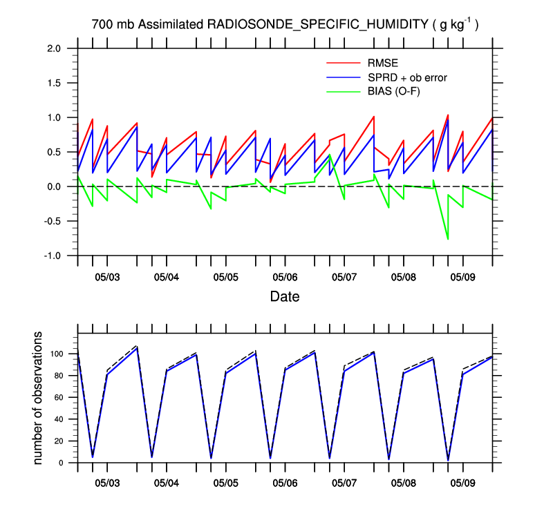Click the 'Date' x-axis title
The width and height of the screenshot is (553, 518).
[285, 297]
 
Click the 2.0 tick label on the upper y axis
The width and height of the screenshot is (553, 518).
[55, 48]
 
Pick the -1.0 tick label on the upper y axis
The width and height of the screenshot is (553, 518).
[53, 256]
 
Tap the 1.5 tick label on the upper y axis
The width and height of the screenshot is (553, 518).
[55, 83]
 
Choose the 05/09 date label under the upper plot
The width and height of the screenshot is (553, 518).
[462, 277]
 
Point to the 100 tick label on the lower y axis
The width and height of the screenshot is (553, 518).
[57, 354]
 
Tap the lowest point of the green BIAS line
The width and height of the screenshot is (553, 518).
[448, 239]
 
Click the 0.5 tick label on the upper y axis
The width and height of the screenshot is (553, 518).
[55, 152]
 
